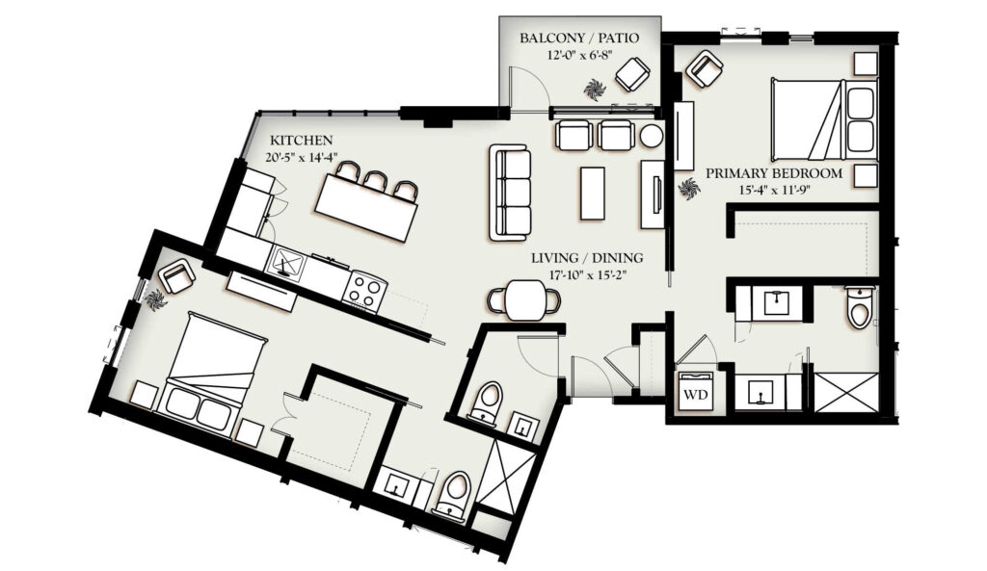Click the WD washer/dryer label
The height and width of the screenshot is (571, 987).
pyautogui.click(x=696, y=394)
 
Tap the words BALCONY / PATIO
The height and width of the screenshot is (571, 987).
pyautogui.click(x=579, y=38)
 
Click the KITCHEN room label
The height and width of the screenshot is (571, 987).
pyautogui.click(x=301, y=140)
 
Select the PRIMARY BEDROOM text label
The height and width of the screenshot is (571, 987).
pyautogui.click(x=774, y=173)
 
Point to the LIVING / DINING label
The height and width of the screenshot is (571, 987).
pyautogui.click(x=587, y=258)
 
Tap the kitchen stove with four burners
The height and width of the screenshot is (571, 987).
pyautogui.click(x=364, y=290)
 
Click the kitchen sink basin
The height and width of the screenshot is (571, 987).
pyautogui.click(x=285, y=261)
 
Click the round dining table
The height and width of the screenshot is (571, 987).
pyautogui.click(x=525, y=299)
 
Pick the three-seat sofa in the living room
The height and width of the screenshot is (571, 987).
pyautogui.click(x=509, y=192)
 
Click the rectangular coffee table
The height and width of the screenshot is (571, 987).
pyautogui.click(x=593, y=193)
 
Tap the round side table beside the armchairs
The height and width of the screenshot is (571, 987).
pyautogui.click(x=652, y=136)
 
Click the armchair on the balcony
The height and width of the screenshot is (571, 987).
pyautogui.click(x=632, y=74)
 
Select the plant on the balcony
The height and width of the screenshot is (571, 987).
pyautogui.click(x=594, y=90)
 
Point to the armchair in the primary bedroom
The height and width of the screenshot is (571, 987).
pyautogui.click(x=704, y=68)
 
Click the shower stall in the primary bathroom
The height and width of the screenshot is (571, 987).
pyautogui.click(x=846, y=393)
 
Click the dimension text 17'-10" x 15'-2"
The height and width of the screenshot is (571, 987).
pyautogui.click(x=587, y=274)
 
